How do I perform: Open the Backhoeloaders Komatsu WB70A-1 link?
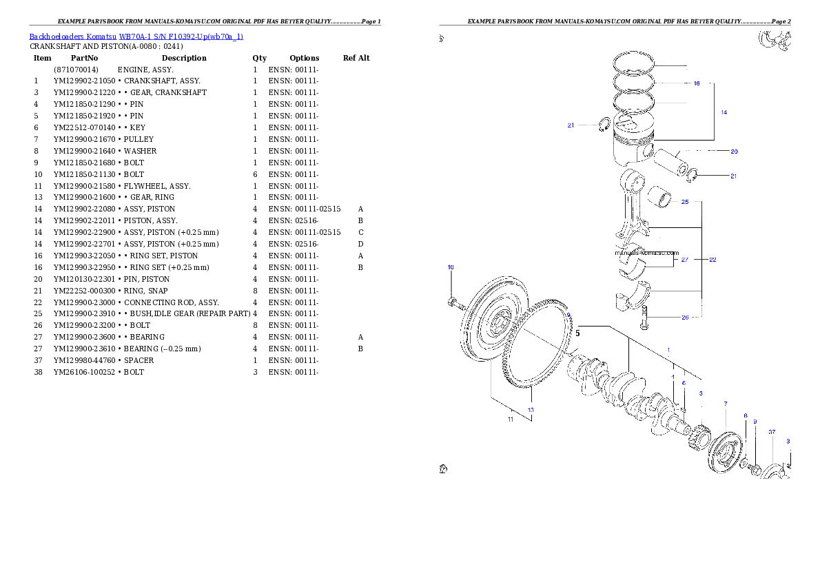click(136, 37)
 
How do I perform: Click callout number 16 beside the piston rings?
click(697, 83)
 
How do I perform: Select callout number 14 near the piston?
click(724, 112)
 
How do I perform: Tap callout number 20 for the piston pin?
click(734, 151)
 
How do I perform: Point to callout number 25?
click(685, 203)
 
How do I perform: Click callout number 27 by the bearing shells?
click(685, 260)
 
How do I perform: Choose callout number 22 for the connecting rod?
click(713, 260)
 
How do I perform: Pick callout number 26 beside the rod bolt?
click(685, 318)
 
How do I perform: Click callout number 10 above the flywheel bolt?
click(451, 267)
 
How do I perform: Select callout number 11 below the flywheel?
click(511, 418)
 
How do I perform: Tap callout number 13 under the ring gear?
click(531, 410)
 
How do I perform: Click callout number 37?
click(772, 432)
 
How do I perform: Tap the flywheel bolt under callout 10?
click(452, 302)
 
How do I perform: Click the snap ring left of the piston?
click(602, 125)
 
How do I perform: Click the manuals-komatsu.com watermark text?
click(646, 253)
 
